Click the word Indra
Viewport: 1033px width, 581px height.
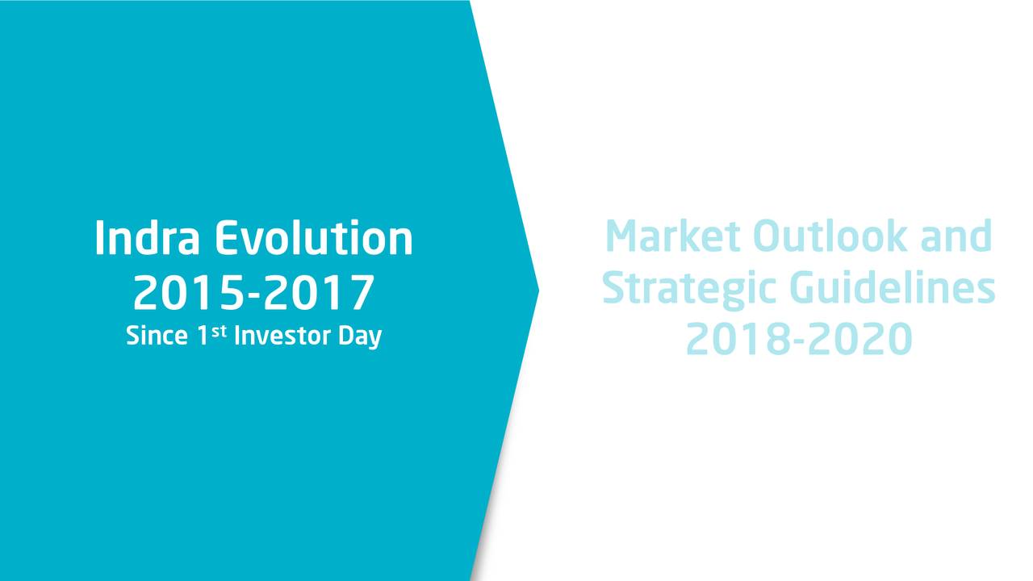click(x=147, y=237)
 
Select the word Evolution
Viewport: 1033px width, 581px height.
click(x=314, y=237)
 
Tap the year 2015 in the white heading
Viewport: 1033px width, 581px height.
click(x=188, y=292)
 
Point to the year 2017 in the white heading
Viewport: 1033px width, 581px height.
click(x=319, y=292)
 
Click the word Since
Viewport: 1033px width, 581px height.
click(x=157, y=335)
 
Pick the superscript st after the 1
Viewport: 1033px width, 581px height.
click(x=219, y=331)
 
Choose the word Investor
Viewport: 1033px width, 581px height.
click(x=282, y=335)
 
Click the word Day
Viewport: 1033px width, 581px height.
click(x=360, y=336)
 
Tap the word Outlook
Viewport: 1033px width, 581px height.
click(x=830, y=236)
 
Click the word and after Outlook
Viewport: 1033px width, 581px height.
click(x=956, y=236)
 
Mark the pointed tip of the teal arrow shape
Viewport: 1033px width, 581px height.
click(x=538, y=290)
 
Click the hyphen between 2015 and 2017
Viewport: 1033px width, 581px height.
click(x=254, y=295)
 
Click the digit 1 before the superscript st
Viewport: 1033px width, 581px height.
click(x=203, y=335)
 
